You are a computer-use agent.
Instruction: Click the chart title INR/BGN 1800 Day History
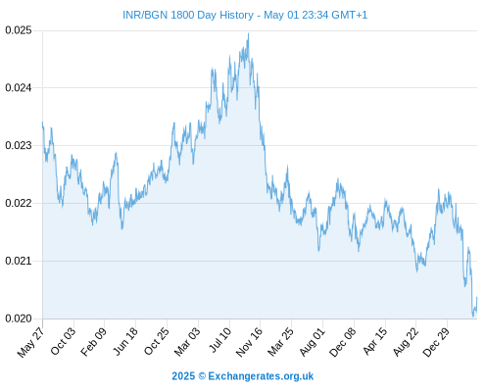[188, 15]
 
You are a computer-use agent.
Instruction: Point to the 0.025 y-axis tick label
[19, 30]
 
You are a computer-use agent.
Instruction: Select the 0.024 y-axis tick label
[19, 88]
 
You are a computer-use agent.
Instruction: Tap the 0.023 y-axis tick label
[19, 145]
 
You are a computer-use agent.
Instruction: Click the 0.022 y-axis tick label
[19, 203]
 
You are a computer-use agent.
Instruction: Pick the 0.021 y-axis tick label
[19, 261]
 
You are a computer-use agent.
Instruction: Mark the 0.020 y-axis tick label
[19, 318]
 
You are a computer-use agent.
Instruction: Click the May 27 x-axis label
[30, 342]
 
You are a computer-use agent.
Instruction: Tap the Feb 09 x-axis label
[93, 341]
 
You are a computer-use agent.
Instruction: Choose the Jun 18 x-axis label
[125, 341]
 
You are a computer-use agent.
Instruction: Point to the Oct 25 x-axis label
[157, 341]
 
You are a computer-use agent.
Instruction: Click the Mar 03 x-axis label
[187, 341]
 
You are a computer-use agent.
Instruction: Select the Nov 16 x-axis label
[249, 342]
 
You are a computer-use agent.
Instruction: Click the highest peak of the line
[249, 33]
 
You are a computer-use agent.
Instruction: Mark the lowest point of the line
[473, 317]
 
